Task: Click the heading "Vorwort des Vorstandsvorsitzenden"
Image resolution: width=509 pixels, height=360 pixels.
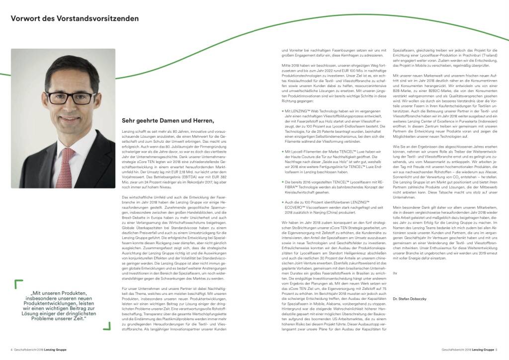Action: [x=75, y=18]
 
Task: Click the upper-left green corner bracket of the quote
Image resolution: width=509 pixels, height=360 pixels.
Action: [x=18, y=283]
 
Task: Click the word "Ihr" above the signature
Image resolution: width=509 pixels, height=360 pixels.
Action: [x=395, y=273]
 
